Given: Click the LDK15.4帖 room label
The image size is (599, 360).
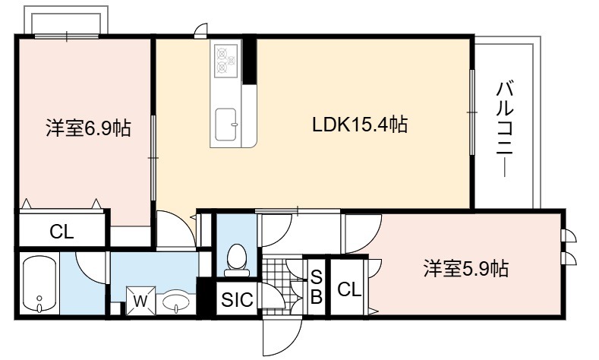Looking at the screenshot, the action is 360,125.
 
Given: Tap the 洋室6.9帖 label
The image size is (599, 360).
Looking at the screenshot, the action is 88,128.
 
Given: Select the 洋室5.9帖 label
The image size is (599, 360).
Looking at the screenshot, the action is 465,269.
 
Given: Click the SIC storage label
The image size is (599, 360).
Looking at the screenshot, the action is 237,299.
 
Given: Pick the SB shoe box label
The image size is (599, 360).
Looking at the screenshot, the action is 317,286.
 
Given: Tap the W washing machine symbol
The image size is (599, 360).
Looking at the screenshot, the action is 140,301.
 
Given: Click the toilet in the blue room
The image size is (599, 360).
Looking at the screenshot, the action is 236,260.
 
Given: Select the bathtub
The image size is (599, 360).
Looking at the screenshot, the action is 39,284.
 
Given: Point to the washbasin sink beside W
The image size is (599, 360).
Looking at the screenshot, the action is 175,302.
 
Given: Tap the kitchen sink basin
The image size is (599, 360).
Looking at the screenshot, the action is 225,125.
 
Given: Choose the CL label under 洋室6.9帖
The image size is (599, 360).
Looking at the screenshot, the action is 61,231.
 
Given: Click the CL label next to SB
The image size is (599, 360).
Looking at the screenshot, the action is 349,289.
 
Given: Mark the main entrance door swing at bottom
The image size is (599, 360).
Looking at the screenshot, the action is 282,336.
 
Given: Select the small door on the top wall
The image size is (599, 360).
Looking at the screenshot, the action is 201,31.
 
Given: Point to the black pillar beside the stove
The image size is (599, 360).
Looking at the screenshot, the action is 250,59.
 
